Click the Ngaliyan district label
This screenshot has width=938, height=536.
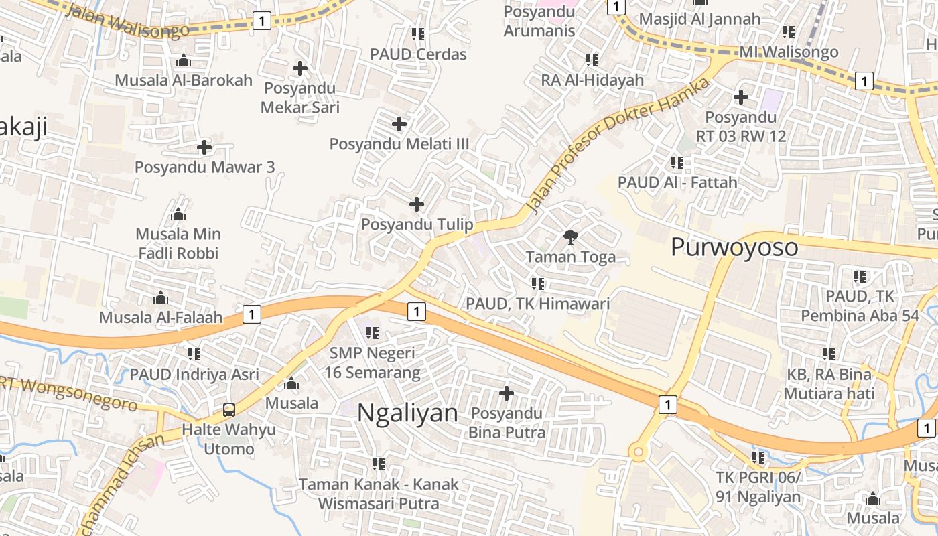pyautogui.click(x=407, y=413)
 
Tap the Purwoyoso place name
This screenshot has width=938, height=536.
pyautogui.click(x=734, y=247)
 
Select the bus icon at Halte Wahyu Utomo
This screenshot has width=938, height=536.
pyautogui.click(x=229, y=409)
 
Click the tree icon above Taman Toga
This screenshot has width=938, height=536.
pyautogui.click(x=571, y=236)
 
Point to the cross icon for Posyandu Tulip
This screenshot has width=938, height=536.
pyautogui.click(x=417, y=204)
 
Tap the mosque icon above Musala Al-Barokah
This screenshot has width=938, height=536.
pyautogui.click(x=184, y=61)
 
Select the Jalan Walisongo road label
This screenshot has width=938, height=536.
pyautogui.click(x=129, y=21)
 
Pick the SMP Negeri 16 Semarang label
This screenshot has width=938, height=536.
pyautogui.click(x=372, y=362)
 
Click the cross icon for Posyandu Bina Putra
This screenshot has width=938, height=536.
pyautogui.click(x=507, y=393)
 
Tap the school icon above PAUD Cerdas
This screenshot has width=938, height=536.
pyautogui.click(x=418, y=33)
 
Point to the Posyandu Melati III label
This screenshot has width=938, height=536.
pyautogui.click(x=399, y=144)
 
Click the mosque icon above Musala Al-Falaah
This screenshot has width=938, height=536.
pyautogui.click(x=161, y=297)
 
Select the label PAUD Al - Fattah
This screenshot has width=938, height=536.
pyautogui.click(x=677, y=182)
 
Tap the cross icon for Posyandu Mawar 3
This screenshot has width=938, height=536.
pyautogui.click(x=204, y=147)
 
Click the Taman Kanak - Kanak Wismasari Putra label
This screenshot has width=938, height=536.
pyautogui.click(x=379, y=494)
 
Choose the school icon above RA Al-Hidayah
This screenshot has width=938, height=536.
pyautogui.click(x=592, y=60)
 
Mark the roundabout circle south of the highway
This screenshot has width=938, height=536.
pyautogui.click(x=638, y=453)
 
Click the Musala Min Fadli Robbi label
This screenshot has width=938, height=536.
pyautogui.click(x=178, y=244)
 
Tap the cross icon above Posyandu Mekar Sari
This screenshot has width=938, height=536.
pyautogui.click(x=300, y=68)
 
